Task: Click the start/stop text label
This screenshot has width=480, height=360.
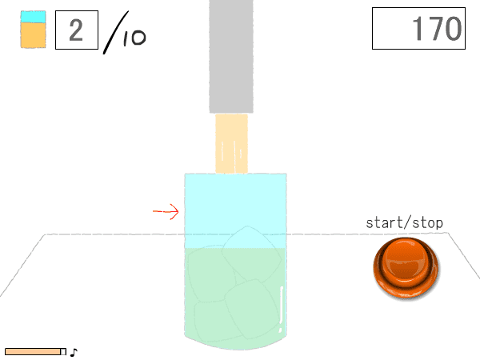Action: [404, 223]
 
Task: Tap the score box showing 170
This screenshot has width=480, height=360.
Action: [418, 29]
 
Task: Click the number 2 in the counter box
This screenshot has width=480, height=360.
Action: [76, 30]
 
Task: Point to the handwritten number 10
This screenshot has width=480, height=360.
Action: [134, 38]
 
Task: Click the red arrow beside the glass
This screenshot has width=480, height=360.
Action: [166, 211]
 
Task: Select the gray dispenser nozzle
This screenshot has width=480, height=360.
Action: [231, 56]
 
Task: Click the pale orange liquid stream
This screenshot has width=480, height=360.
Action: [231, 143]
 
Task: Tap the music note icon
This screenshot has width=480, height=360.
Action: [74, 352]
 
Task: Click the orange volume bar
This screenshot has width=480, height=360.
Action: [33, 352]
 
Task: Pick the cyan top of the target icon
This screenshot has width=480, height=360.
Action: [33, 17]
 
